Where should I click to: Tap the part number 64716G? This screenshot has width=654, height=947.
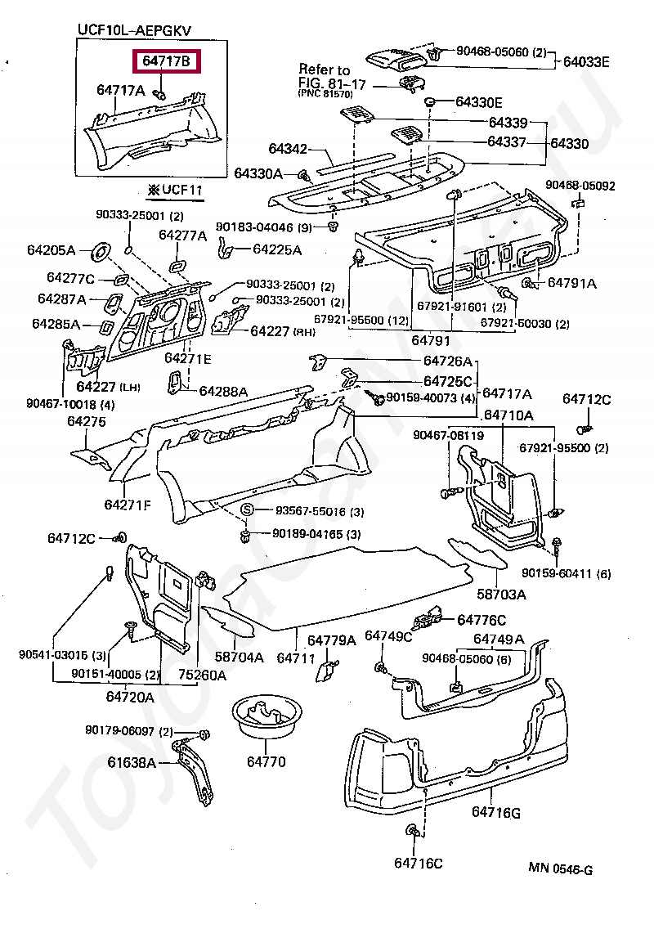pos(495,812)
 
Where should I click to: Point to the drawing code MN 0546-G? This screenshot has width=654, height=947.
pos(560,868)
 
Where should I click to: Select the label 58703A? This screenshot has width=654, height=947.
pos(501,593)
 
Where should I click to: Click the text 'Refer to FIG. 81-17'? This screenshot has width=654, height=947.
pos(325,78)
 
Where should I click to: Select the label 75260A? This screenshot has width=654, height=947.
pos(203,675)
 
